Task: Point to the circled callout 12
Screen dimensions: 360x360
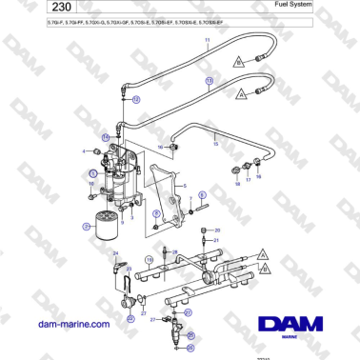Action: point(135,99)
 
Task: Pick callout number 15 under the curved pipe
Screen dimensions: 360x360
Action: point(216,144)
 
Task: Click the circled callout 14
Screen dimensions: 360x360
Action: point(106,136)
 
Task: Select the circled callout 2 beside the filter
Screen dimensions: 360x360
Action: point(86,227)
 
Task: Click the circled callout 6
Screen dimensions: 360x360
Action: point(93,172)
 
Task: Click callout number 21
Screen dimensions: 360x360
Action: point(216,241)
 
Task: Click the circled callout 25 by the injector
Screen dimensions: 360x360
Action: point(190,334)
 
